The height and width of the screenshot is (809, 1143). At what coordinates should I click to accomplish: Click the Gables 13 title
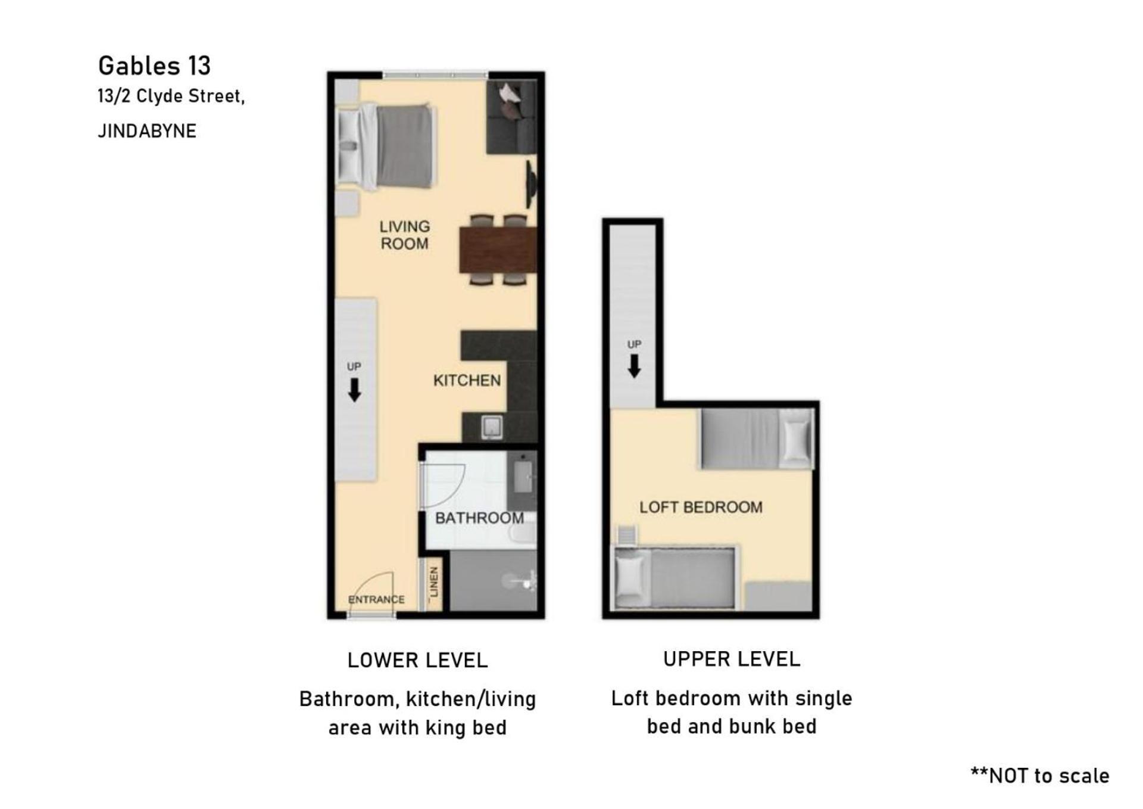click(x=154, y=66)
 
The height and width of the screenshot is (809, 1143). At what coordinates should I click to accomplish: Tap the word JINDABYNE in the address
click(x=147, y=131)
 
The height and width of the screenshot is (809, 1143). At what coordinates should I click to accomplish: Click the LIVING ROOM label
click(x=405, y=235)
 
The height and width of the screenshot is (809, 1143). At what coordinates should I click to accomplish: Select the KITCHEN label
click(x=467, y=380)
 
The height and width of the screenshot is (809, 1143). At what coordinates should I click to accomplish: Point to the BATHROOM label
click(x=479, y=518)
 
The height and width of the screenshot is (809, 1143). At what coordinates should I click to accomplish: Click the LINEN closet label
click(x=433, y=582)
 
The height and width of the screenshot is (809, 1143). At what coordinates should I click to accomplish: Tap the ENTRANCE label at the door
click(x=376, y=599)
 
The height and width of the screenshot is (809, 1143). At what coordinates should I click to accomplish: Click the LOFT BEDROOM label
click(x=701, y=507)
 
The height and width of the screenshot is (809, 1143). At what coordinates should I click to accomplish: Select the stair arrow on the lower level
click(x=354, y=390)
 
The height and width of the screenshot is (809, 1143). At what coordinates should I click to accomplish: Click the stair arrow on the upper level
click(x=634, y=366)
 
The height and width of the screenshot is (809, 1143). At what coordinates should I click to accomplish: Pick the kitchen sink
click(x=492, y=427)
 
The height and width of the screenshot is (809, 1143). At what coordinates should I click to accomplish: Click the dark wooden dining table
click(x=498, y=250)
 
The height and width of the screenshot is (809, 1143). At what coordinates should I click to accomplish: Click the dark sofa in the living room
click(x=511, y=117)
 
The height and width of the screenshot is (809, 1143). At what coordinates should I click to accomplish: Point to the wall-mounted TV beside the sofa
click(x=531, y=184)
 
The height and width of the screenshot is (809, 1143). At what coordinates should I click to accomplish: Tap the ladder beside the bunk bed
click(x=627, y=535)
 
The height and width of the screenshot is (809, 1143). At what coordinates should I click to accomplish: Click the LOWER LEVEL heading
click(x=417, y=660)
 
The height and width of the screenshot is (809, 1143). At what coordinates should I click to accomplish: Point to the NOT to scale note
click(x=1039, y=776)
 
